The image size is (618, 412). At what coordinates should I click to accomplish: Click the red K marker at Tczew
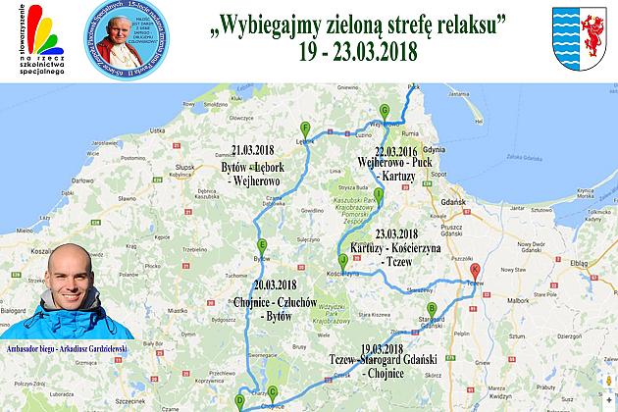click(476, 269)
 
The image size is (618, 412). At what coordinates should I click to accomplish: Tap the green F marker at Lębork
click(306, 128)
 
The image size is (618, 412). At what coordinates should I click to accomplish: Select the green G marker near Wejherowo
click(385, 109)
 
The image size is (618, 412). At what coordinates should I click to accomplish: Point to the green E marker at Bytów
click(261, 245)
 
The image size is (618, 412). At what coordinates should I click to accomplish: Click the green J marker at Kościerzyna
click(342, 260)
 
